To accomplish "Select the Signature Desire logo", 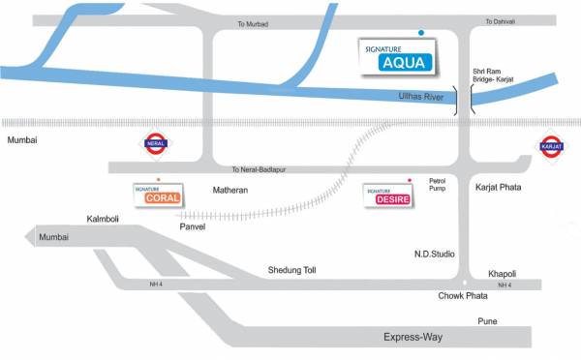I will (387, 196).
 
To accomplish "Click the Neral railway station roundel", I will (155, 143).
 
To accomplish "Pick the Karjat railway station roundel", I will (551, 149).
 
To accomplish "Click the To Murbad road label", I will (251, 23).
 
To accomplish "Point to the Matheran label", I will (230, 191).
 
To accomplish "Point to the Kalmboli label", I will (102, 219).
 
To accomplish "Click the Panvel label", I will (194, 227).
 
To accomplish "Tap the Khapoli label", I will (503, 272).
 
